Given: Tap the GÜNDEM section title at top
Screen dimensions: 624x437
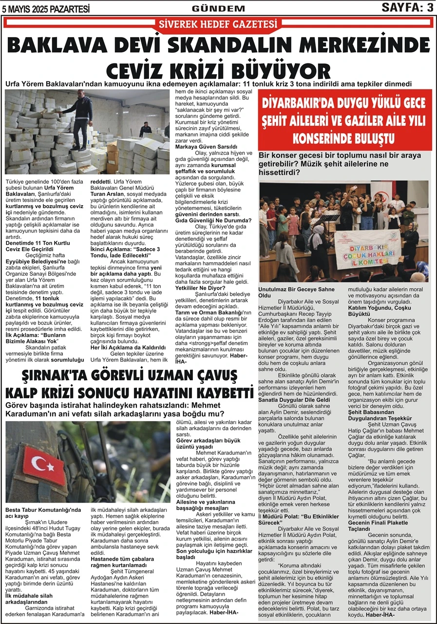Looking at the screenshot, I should tap(218, 8).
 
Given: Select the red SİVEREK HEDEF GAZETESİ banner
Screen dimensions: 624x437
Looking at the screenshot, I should tap(218, 24).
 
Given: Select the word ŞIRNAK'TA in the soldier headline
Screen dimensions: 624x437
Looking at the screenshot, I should tap(54, 377).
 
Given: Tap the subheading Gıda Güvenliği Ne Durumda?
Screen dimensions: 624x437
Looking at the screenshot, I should tap(213, 220).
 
